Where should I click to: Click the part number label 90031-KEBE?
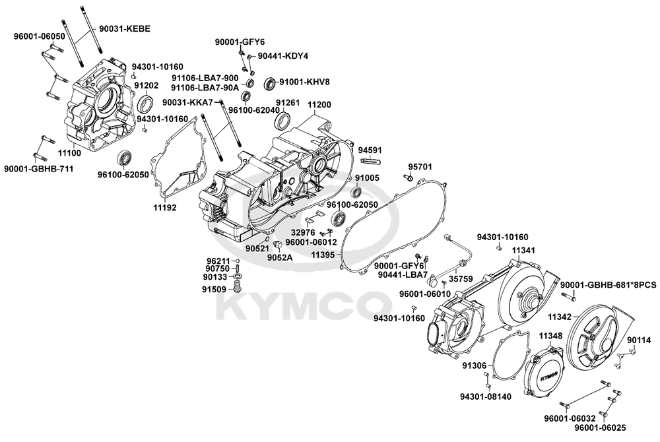click(x=125, y=29)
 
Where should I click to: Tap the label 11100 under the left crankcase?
click(x=69, y=152)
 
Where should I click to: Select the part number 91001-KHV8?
click(x=304, y=82)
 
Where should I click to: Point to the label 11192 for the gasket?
click(x=165, y=206)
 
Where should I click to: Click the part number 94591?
click(x=370, y=150)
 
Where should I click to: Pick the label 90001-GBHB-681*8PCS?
click(x=609, y=284)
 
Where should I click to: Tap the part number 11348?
click(x=550, y=336)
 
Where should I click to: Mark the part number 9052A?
click(x=280, y=258)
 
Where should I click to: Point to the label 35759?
click(x=462, y=279)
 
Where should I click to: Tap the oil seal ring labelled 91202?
click(x=145, y=102)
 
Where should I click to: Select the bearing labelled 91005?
click(x=356, y=192)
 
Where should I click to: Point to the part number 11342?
click(x=559, y=317)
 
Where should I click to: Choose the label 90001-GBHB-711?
click(x=38, y=170)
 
